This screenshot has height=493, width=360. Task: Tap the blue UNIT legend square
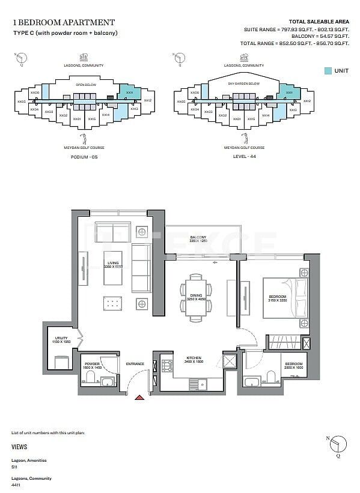(x=327, y=71)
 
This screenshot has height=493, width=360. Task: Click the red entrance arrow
(x=140, y=397)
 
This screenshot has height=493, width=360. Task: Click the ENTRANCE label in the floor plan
(x=135, y=364)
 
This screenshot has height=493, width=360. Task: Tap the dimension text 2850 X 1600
(x=293, y=367)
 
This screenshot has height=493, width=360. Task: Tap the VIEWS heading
(x=19, y=447)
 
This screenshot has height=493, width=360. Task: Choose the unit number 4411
(x=16, y=485)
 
